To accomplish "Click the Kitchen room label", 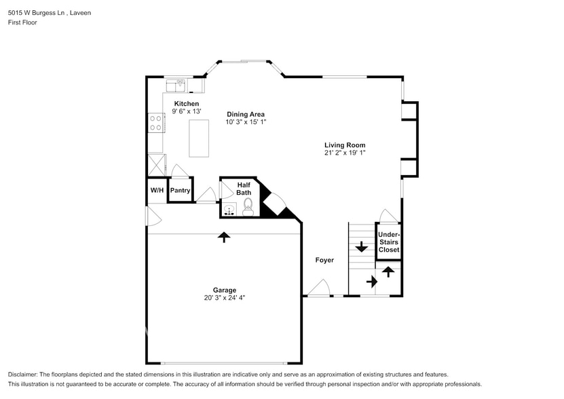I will click(x=186, y=104).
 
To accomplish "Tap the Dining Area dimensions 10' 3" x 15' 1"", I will click(x=246, y=122).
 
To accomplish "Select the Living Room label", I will click(x=345, y=145).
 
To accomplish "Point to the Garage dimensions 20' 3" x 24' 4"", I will click(x=223, y=297).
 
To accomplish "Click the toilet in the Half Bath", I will click(x=248, y=206).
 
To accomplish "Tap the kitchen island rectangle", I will click(x=199, y=138).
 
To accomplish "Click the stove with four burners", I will click(x=155, y=122).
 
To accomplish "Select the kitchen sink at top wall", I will click(x=178, y=85).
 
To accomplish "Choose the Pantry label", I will click(x=180, y=191).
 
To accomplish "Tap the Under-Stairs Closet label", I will click(x=389, y=242).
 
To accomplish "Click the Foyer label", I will click(x=324, y=260).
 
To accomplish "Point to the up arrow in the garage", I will click(x=224, y=237).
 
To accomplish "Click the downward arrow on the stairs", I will click(x=361, y=247).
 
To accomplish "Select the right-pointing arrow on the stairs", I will click(x=371, y=280).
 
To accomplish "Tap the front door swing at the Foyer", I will click(x=318, y=290).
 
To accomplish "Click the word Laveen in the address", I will click(x=81, y=13).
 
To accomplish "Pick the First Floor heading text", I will click(x=22, y=22).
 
